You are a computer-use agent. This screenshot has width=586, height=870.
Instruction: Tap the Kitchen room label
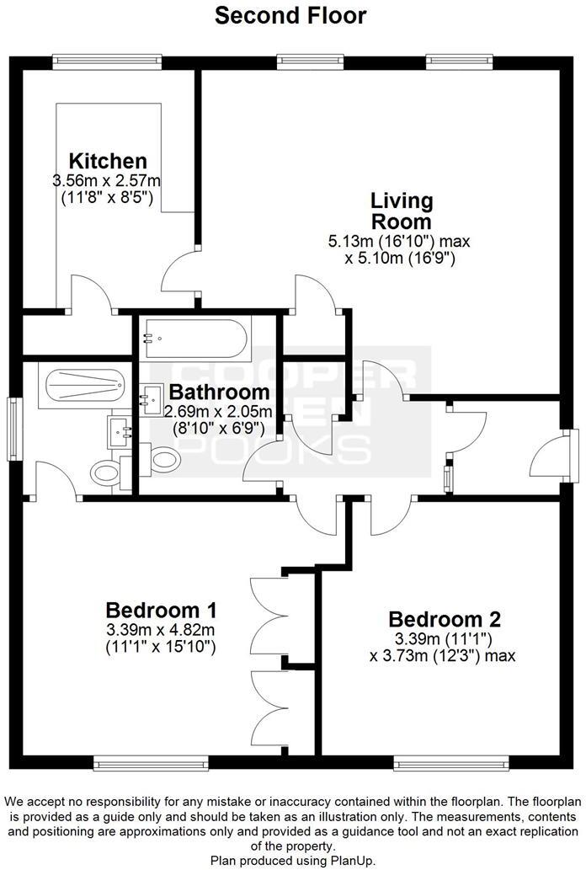(108, 161)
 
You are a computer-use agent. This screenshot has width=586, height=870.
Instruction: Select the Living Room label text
(402, 212)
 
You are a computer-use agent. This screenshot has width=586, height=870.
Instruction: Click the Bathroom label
(219, 392)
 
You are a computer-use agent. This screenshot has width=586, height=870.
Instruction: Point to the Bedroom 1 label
(162, 610)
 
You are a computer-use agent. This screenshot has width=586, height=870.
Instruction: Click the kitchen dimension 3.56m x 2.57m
(107, 180)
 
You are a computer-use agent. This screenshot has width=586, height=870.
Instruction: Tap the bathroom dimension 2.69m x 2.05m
(219, 411)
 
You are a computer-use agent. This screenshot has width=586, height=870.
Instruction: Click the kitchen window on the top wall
(106, 60)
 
